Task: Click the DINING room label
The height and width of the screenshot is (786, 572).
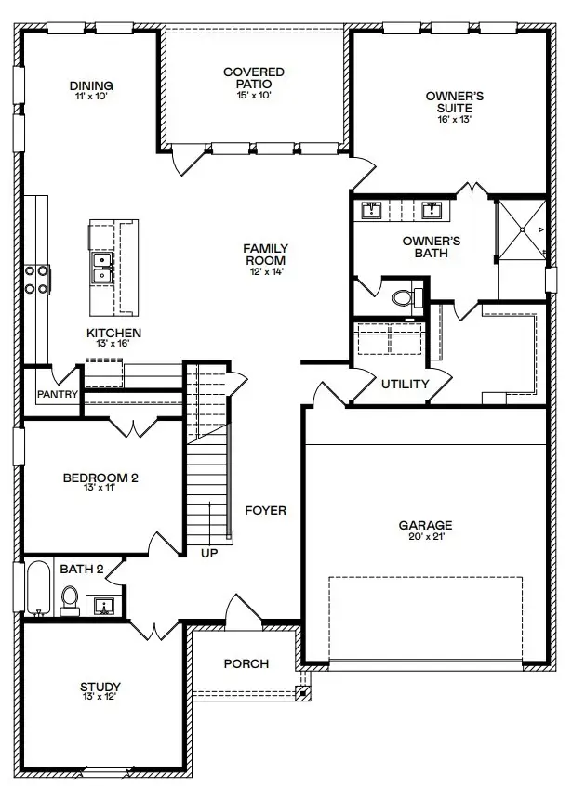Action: tap(90, 86)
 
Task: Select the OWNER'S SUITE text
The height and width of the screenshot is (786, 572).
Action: tap(449, 101)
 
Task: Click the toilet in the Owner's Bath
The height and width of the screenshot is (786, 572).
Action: tap(404, 298)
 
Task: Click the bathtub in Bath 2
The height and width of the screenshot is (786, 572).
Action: tap(37, 587)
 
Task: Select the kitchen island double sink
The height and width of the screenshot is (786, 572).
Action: tap(101, 269)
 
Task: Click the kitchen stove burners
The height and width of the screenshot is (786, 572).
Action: tap(37, 280)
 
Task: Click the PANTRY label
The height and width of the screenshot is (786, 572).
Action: tap(57, 394)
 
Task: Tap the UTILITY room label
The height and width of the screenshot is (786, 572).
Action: tap(405, 384)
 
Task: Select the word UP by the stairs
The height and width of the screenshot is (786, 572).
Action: tap(209, 554)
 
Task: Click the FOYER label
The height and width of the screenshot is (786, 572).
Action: tap(265, 511)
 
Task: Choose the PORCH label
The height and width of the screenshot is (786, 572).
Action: tap(246, 663)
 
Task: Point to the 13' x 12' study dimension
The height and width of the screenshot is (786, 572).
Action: tap(100, 697)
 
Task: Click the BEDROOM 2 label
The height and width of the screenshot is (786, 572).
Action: tap(100, 478)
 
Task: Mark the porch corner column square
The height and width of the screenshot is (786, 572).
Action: tap(302, 692)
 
